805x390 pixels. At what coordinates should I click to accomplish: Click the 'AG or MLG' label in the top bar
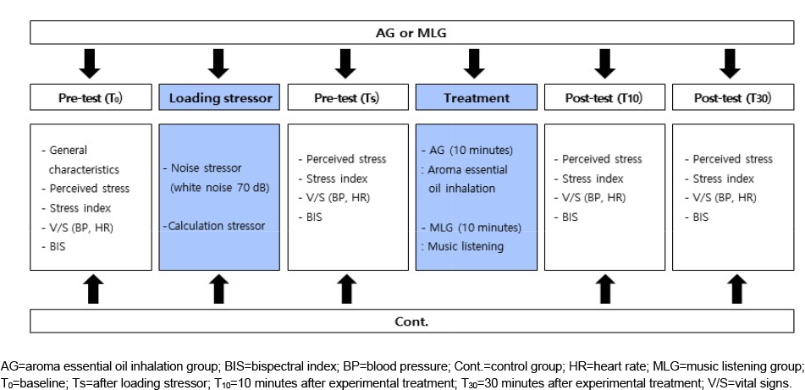pyautogui.click(x=411, y=33)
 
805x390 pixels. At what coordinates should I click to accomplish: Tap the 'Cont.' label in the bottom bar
pyautogui.click(x=411, y=321)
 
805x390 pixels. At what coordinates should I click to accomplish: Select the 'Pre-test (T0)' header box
pyautogui.click(x=91, y=97)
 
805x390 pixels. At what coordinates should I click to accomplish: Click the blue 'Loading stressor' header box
pyautogui.click(x=219, y=97)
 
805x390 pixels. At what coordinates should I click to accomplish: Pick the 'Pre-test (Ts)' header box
pyautogui.click(x=348, y=97)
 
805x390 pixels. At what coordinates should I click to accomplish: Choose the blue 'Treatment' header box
pyautogui.click(x=477, y=97)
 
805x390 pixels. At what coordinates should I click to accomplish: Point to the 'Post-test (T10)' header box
pyautogui.click(x=604, y=97)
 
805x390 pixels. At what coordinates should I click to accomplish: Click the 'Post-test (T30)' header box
pyautogui.click(x=733, y=97)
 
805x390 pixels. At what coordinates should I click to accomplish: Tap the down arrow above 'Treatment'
pyautogui.click(x=474, y=63)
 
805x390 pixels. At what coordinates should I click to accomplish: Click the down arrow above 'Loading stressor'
pyautogui.click(x=218, y=63)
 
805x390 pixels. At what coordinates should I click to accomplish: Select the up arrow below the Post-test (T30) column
pyautogui.click(x=738, y=289)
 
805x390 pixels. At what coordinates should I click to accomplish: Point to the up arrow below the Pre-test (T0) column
pyautogui.click(x=93, y=289)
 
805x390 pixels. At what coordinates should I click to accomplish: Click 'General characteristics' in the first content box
pyautogui.click(x=80, y=160)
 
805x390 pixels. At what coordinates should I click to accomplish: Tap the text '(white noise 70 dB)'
pyautogui.click(x=220, y=188)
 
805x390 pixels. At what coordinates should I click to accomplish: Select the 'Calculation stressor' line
pyautogui.click(x=215, y=226)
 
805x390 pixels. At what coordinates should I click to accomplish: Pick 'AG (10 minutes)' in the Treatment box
pyautogui.click(x=467, y=151)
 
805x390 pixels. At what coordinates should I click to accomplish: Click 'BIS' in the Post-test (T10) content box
pyautogui.click(x=566, y=217)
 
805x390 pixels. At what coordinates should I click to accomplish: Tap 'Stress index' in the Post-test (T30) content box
pyautogui.click(x=720, y=179)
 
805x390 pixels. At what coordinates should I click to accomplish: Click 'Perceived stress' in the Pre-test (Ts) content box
pyautogui.click(x=342, y=159)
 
